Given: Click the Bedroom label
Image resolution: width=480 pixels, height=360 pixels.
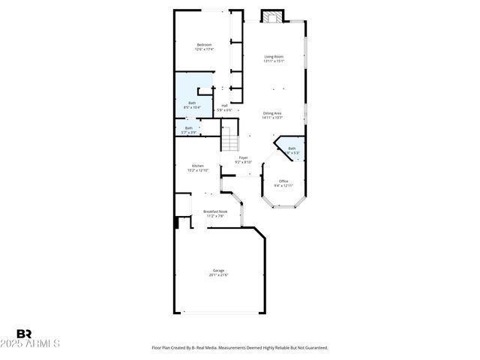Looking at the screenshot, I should click(204, 45).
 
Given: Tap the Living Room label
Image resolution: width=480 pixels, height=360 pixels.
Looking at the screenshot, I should click(274, 57).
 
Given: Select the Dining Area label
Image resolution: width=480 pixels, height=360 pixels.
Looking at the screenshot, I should click(272, 113).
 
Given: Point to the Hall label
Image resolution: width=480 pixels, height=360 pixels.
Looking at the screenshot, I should click(224, 106).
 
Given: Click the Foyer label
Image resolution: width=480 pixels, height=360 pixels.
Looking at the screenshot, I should click(243, 157).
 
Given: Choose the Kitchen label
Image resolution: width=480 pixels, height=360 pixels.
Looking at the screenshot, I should click(197, 166).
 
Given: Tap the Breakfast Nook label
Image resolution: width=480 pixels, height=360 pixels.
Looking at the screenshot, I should click(215, 211).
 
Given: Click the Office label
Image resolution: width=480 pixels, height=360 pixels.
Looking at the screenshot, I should click(283, 181).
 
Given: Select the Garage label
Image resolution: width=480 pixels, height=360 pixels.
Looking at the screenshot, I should click(218, 270).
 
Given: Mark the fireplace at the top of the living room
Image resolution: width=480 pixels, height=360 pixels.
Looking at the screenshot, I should click(271, 16).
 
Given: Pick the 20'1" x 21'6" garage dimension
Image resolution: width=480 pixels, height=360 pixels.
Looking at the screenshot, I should click(218, 275).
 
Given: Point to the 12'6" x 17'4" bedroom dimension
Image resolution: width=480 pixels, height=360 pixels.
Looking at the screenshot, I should click(204, 50).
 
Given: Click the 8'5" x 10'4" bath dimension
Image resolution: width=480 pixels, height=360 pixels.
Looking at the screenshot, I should click(192, 107).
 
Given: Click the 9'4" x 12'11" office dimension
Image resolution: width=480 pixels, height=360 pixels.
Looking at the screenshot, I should click(283, 185).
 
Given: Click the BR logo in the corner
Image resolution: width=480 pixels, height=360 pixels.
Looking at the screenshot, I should click(24, 334).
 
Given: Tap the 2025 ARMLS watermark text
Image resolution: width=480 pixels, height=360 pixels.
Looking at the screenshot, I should click(38, 343).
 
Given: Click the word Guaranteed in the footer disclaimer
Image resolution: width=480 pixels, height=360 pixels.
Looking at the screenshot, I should click(313, 348).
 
